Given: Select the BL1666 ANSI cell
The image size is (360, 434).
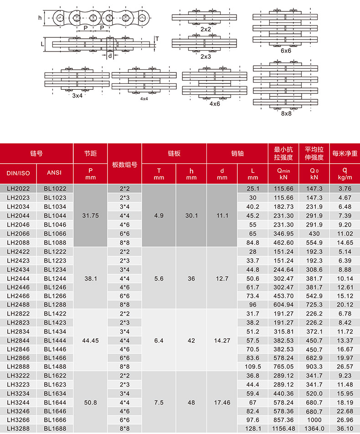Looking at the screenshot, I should (x=55, y=419).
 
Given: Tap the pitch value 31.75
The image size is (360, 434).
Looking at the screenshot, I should (x=91, y=215).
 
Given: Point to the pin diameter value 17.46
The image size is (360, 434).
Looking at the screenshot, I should (x=222, y=403).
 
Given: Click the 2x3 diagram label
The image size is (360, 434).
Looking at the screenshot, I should (x=206, y=57).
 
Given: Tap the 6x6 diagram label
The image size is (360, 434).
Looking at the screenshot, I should (x=285, y=51).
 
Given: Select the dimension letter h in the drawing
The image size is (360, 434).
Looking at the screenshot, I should (x=40, y=18).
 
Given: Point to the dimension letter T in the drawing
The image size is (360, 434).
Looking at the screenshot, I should (x=157, y=39).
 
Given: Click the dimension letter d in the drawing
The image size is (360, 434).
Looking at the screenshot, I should (x=110, y=56).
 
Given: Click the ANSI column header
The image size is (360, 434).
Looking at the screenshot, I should (x=55, y=173).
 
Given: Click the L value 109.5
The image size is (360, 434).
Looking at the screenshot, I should (x=252, y=367).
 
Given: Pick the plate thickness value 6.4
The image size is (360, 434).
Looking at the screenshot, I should (x=159, y=340).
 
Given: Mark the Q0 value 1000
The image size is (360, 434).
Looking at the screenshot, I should (x=314, y=419).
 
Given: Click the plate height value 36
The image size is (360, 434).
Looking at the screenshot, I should (x=191, y=278).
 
